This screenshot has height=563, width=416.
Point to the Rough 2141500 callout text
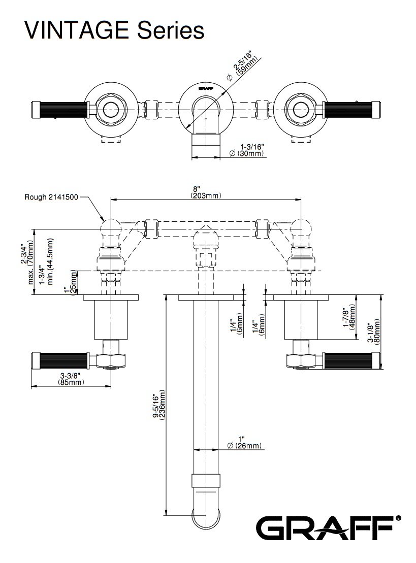coord(51,197)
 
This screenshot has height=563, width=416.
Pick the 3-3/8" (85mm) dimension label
coord(70,379)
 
